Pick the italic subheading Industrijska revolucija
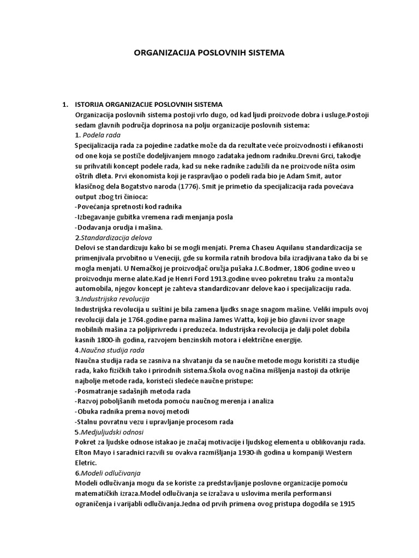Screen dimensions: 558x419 115,299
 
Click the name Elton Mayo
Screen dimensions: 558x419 94,453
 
